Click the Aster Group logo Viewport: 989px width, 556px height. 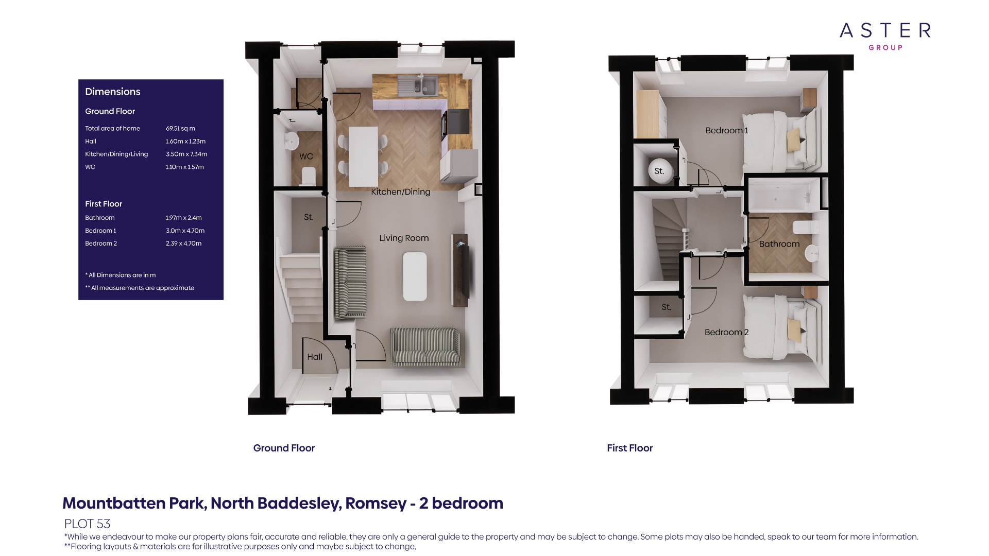point(885,36)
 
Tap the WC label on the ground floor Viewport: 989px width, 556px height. point(306,157)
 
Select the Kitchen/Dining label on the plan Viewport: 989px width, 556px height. point(400,192)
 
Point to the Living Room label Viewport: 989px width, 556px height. point(404,238)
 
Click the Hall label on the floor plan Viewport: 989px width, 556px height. point(315,357)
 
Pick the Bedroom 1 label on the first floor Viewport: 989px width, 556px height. point(726,131)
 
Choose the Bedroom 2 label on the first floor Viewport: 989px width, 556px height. point(726,333)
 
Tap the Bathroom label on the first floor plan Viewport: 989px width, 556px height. point(779,244)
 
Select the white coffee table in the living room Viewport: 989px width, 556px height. point(415,276)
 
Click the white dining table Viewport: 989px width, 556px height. point(364,157)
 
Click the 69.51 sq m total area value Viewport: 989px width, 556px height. point(180,129)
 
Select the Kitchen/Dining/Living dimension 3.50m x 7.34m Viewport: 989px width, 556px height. point(186,154)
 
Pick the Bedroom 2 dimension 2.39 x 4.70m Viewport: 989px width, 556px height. point(183,244)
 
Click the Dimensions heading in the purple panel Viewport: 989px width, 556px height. point(113,92)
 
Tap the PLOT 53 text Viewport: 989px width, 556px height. point(87,524)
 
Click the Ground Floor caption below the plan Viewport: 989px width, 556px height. point(284,448)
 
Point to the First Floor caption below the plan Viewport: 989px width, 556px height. point(629,448)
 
